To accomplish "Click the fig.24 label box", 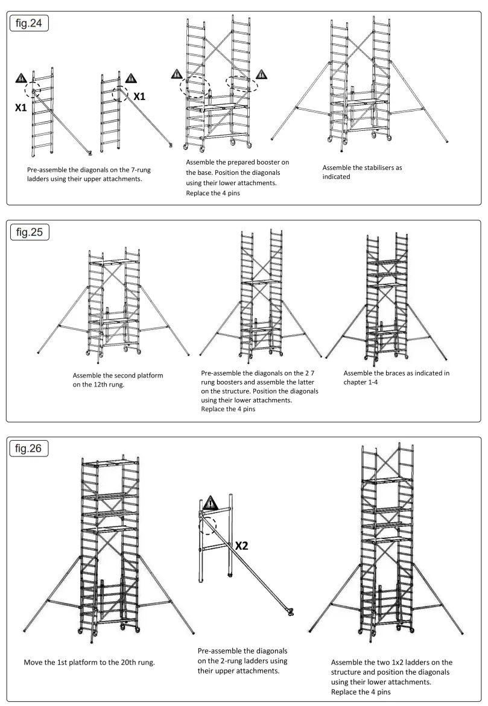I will click(x=28, y=25).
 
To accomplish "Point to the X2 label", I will click(x=242, y=546).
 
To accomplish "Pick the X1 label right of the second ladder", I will click(x=140, y=96).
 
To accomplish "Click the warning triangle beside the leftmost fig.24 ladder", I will click(x=21, y=77).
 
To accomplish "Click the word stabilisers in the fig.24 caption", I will click(x=370, y=168).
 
